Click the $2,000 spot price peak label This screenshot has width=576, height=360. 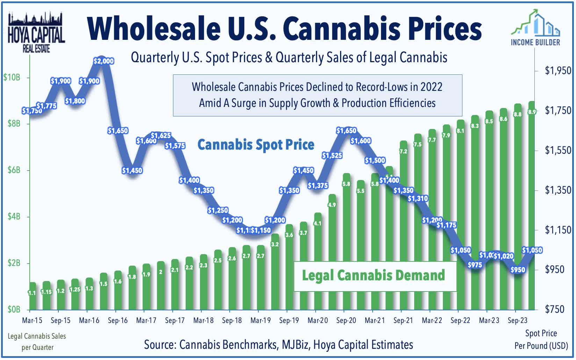104,61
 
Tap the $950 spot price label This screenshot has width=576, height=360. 518,270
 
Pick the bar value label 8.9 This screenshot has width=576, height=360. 532,112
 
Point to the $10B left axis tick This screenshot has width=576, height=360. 12,77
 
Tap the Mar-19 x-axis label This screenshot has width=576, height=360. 261,321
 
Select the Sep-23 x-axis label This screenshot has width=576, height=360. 518,321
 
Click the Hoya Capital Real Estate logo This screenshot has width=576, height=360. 36,33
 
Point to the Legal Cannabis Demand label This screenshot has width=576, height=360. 374,276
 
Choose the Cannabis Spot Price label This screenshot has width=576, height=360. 256,145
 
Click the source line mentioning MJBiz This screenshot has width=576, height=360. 278,345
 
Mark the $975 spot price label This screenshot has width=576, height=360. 475,265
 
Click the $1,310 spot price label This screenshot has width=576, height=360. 418,199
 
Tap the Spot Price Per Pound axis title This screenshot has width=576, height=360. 541,339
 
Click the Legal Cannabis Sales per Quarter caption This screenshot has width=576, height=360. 37,342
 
